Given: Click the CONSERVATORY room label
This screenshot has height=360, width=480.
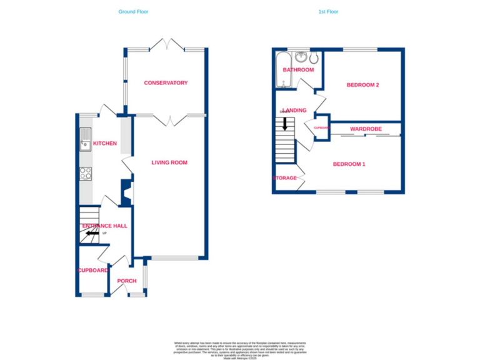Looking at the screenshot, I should pyautogui.click(x=166, y=83).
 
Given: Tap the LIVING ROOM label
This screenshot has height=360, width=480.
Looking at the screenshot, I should pyautogui.click(x=169, y=162).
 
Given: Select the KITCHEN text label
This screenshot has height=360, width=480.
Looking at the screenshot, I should pyautogui.click(x=105, y=144).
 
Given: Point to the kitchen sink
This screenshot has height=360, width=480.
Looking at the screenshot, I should pyautogui.click(x=85, y=139).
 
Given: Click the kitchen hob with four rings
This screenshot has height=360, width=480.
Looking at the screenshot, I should pyautogui.click(x=86, y=174).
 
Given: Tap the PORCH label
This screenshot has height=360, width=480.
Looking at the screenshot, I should pyautogui.click(x=127, y=281).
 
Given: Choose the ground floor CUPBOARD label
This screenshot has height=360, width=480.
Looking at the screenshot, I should pyautogui.click(x=93, y=271).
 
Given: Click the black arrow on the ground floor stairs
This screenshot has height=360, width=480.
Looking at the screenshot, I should pyautogui.click(x=92, y=234).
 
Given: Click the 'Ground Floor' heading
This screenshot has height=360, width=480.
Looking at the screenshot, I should pyautogui.click(x=134, y=11).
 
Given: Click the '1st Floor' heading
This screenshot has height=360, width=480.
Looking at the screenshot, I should pyautogui.click(x=328, y=11).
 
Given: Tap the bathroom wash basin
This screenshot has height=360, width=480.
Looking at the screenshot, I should pyautogui.click(x=302, y=57).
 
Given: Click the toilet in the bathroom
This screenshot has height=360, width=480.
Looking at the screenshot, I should pyautogui.click(x=314, y=58).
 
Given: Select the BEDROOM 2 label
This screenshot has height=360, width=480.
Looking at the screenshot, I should pyautogui.click(x=363, y=85).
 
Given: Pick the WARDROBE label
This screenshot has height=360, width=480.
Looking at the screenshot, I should pyautogui.click(x=365, y=129).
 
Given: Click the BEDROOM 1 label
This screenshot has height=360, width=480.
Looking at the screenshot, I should pyautogui.click(x=349, y=164).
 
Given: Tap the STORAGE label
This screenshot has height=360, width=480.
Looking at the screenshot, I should pyautogui.click(x=284, y=178).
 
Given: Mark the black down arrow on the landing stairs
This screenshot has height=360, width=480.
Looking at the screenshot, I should pyautogui.click(x=286, y=124).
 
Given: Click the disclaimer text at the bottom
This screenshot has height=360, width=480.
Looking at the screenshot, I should pyautogui.click(x=240, y=349).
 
